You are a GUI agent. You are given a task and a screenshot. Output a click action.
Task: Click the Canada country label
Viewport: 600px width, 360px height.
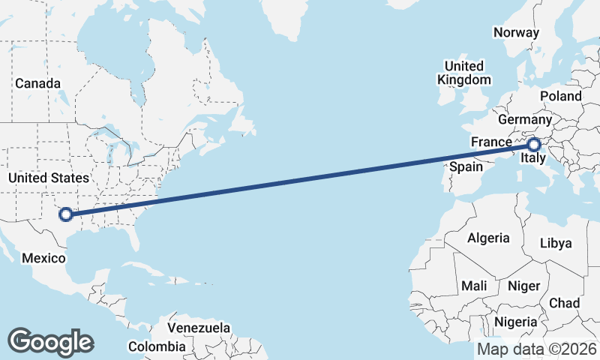(x=37, y=83)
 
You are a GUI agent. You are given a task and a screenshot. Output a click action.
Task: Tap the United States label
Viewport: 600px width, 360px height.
(x=48, y=178)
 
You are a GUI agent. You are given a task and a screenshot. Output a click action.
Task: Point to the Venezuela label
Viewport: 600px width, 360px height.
(x=199, y=328)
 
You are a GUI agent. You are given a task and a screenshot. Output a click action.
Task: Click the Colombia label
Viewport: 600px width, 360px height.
(x=156, y=346)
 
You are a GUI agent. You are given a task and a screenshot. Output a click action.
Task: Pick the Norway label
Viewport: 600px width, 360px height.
(x=516, y=32)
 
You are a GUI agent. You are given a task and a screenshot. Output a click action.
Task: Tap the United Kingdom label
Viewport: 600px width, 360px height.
(x=464, y=73)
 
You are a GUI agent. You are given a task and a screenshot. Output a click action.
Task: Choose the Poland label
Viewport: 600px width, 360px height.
(x=560, y=96)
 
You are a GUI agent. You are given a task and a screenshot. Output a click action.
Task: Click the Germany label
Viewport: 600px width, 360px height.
(x=524, y=120)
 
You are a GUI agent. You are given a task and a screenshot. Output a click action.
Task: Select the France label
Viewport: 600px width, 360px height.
(x=490, y=142)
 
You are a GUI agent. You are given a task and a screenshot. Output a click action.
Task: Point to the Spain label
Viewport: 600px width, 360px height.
(x=466, y=166)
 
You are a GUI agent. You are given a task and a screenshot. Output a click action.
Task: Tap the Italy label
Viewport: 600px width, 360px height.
(x=532, y=160)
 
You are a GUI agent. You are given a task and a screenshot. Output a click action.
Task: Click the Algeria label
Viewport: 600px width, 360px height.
(x=488, y=238)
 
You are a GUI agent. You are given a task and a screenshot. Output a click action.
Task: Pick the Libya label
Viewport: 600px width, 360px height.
(x=556, y=243)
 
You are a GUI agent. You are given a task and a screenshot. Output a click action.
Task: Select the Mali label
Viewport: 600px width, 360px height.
(x=474, y=286)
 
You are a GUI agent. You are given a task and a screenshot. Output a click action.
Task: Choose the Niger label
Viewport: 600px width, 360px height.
(x=524, y=286)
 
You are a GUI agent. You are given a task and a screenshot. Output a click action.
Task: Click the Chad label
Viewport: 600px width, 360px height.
(x=564, y=303)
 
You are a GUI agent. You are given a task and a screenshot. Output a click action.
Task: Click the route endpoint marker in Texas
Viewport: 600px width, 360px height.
(x=66, y=214)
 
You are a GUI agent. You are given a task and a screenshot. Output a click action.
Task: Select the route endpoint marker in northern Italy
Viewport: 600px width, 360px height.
(x=534, y=145)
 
